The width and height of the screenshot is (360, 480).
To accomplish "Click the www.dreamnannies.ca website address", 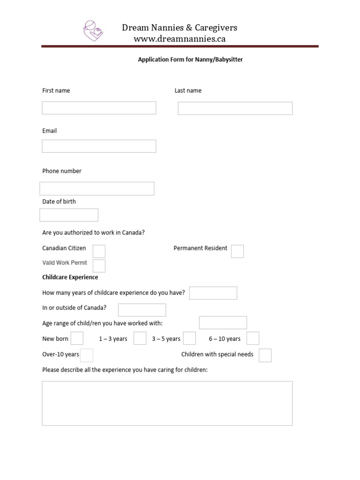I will pos(180,39).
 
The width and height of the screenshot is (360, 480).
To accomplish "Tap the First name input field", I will pos(99,108).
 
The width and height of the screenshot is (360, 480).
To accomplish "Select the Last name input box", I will pos(235,108).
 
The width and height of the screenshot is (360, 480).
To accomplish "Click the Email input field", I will pos(99,146).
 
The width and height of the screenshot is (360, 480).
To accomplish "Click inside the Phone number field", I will pos(97,188).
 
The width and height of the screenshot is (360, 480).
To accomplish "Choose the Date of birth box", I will pos(69,215).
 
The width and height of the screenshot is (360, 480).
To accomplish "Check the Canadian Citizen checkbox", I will pos(99,251).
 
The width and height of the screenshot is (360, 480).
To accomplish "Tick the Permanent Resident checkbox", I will pos(237,251).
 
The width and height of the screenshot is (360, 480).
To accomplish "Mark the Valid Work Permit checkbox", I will pos(99,266).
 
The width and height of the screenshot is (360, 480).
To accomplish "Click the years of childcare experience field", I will pos(213,293).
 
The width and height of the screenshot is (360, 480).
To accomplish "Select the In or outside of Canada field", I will pos(142,310).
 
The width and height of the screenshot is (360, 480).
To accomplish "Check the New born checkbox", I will pos(77,338).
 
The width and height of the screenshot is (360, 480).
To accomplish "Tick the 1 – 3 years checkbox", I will pos(140,338).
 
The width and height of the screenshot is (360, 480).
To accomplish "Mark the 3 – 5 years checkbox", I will pos(189,338).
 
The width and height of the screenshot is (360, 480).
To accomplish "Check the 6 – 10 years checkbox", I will pos(253,338).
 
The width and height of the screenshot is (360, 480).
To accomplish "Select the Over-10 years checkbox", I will pos(87,355).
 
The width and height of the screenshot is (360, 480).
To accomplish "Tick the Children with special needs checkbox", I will pos(265,355).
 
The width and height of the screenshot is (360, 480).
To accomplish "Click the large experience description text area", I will pos(167,403).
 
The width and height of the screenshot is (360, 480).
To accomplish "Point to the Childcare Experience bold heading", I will pos(70,277).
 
